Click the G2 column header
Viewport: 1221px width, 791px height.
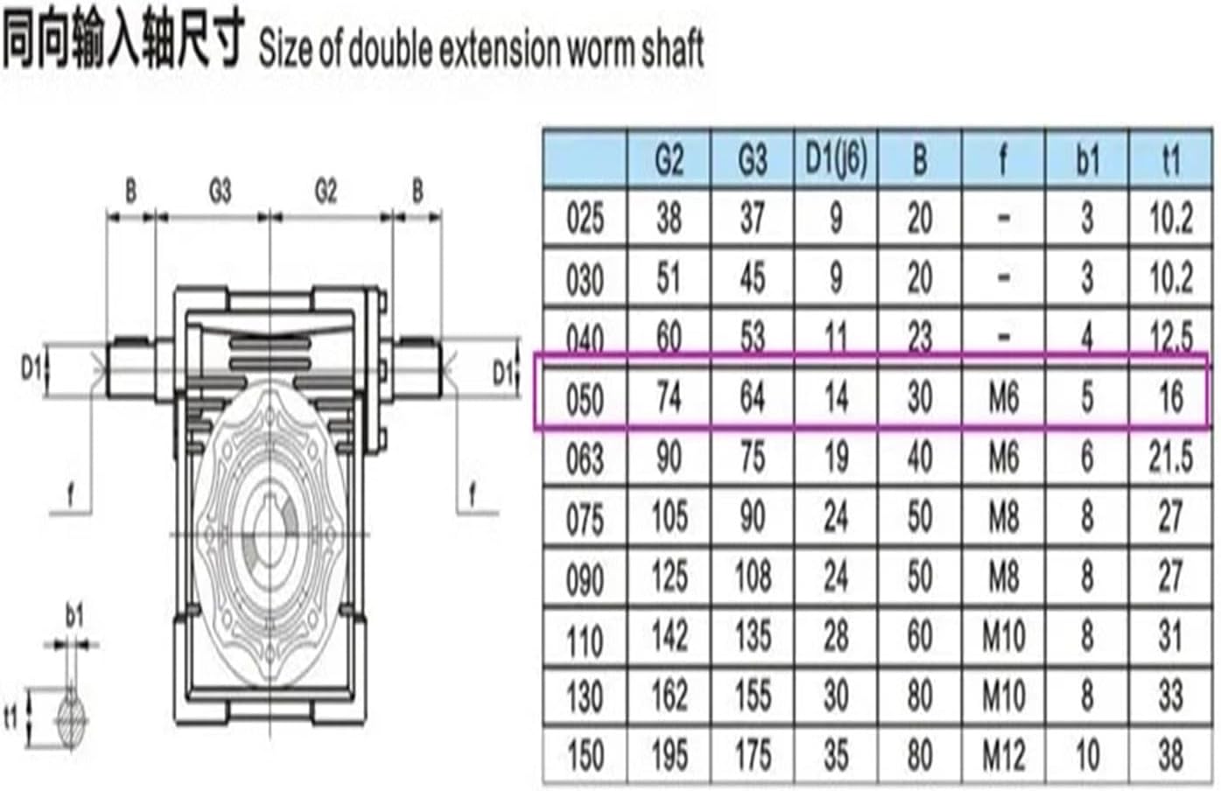click(x=669, y=160)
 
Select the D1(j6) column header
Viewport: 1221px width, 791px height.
click(x=836, y=160)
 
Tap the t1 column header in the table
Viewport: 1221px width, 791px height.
click(x=1171, y=160)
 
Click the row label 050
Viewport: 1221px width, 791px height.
click(x=585, y=399)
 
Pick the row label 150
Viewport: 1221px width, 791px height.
click(x=585, y=756)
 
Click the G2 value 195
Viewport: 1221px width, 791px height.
click(x=669, y=756)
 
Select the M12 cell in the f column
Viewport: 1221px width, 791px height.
click(x=1004, y=756)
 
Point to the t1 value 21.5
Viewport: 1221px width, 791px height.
click(x=1171, y=458)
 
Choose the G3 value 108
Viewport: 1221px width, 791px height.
click(x=753, y=577)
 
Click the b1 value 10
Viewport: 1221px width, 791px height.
click(x=1087, y=756)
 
